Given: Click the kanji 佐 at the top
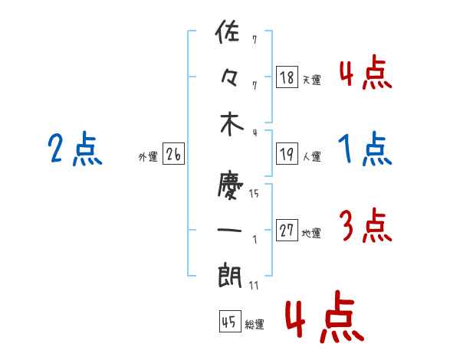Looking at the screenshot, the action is (228, 32).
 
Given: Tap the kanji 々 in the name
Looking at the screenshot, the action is (228, 78).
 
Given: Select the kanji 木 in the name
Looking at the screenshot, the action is (232, 124).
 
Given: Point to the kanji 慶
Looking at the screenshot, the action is (230, 186).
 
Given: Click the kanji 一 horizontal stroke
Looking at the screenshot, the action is (229, 230).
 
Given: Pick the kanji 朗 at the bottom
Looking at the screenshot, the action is (230, 275).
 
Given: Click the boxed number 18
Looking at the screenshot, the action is (287, 77).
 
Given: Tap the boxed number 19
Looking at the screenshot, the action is (287, 154).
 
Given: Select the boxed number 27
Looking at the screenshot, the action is (287, 230).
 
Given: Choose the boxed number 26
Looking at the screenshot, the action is (173, 154).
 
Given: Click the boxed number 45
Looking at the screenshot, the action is (230, 321).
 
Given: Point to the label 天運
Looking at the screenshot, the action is (312, 80).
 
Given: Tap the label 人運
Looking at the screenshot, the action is (312, 156).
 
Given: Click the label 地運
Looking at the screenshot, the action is (311, 233).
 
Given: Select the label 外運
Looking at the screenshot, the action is (148, 156).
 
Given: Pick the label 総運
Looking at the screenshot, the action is (255, 324).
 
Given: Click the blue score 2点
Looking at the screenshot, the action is (75, 149).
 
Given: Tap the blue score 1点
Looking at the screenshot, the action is (365, 149).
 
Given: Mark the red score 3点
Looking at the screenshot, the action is (366, 225).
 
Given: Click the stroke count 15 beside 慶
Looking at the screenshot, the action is (254, 193).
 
